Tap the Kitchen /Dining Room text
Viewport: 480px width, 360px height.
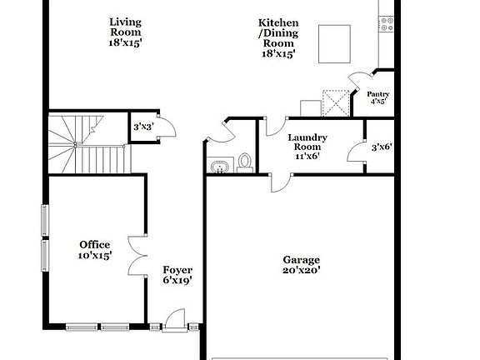tap(279, 37)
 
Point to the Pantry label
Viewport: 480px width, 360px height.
tap(378, 98)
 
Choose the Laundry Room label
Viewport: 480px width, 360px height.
tap(307, 146)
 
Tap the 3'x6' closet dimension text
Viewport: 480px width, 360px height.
tap(381, 147)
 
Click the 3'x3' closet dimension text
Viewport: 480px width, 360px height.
tap(144, 127)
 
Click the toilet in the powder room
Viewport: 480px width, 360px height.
tap(245, 162)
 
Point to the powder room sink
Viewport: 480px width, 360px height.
tap(218, 167)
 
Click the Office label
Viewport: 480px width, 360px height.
tap(94, 250)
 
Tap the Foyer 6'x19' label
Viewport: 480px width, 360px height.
tap(177, 275)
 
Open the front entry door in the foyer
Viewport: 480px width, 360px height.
tap(176, 320)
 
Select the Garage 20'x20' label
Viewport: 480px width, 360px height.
tap(301, 264)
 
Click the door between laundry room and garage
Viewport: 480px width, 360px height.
tap(280, 182)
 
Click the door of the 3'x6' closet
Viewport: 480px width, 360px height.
tap(356, 151)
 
